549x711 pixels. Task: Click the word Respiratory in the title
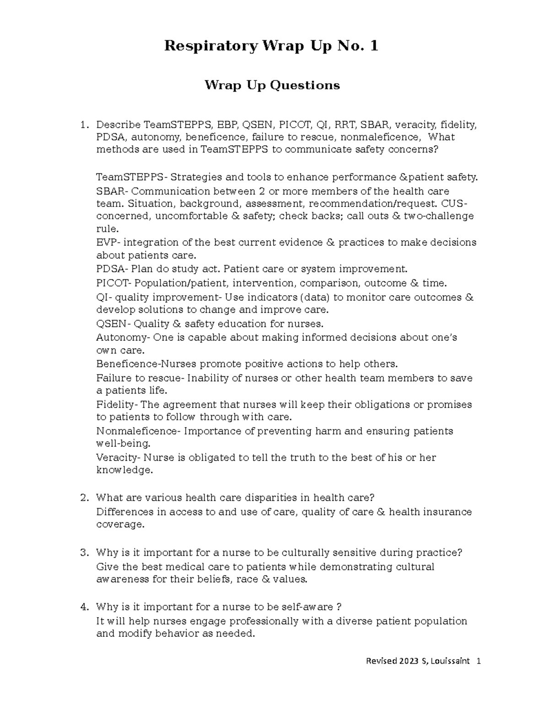[210, 46]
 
